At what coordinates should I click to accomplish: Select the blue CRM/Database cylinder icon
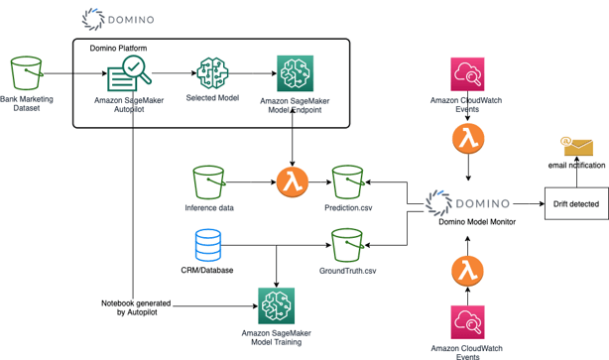coord(208,244)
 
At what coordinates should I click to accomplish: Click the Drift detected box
coord(574,204)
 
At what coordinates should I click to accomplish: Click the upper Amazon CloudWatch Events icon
coord(466,75)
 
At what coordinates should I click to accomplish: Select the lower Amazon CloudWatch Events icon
coord(467,323)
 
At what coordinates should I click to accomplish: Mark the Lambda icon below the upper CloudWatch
coord(466,140)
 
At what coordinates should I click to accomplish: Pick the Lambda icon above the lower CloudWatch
coord(466,269)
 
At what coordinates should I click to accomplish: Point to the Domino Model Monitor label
coord(476,222)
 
